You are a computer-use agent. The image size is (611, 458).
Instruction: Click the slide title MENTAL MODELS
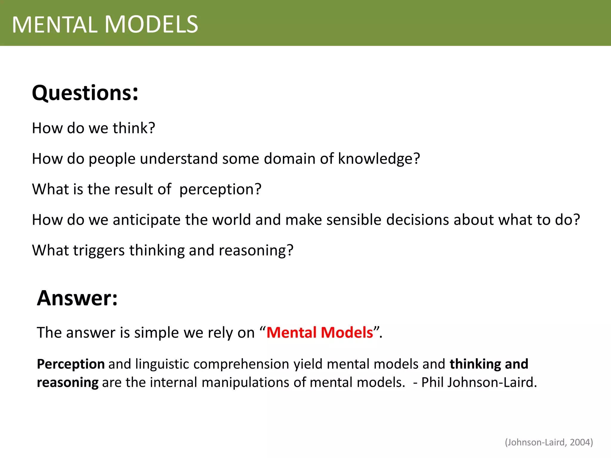tap(105, 24)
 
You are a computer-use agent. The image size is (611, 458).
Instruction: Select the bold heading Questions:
tap(85, 93)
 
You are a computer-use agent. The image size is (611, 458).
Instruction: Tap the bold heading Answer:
tap(77, 298)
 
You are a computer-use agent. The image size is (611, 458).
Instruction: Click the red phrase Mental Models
tap(320, 332)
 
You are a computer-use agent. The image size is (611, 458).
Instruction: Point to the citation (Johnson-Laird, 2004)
tap(549, 442)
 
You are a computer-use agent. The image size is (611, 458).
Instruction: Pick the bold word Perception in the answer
tap(71, 364)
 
